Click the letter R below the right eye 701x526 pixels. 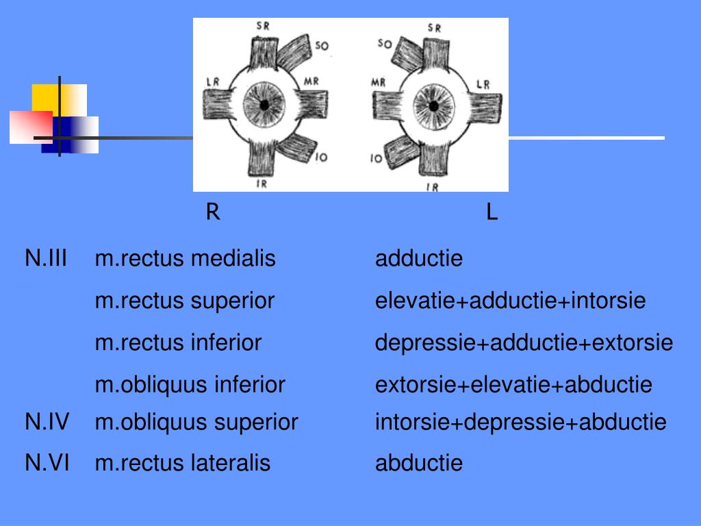point(213,213)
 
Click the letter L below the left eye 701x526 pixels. point(492,213)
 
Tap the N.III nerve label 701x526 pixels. point(46,259)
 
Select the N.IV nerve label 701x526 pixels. point(47,423)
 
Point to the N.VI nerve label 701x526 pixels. point(47,464)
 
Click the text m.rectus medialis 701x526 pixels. point(185,259)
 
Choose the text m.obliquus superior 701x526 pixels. point(196,423)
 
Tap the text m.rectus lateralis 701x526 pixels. point(183,464)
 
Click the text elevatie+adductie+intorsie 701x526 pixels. point(510,301)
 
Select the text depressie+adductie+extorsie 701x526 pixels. point(524,342)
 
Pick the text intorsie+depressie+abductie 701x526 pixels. point(520,423)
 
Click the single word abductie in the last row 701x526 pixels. point(419,464)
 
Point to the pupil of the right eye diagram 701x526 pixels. point(264,105)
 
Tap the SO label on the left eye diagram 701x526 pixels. point(385,45)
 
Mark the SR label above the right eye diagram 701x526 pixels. point(262,27)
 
